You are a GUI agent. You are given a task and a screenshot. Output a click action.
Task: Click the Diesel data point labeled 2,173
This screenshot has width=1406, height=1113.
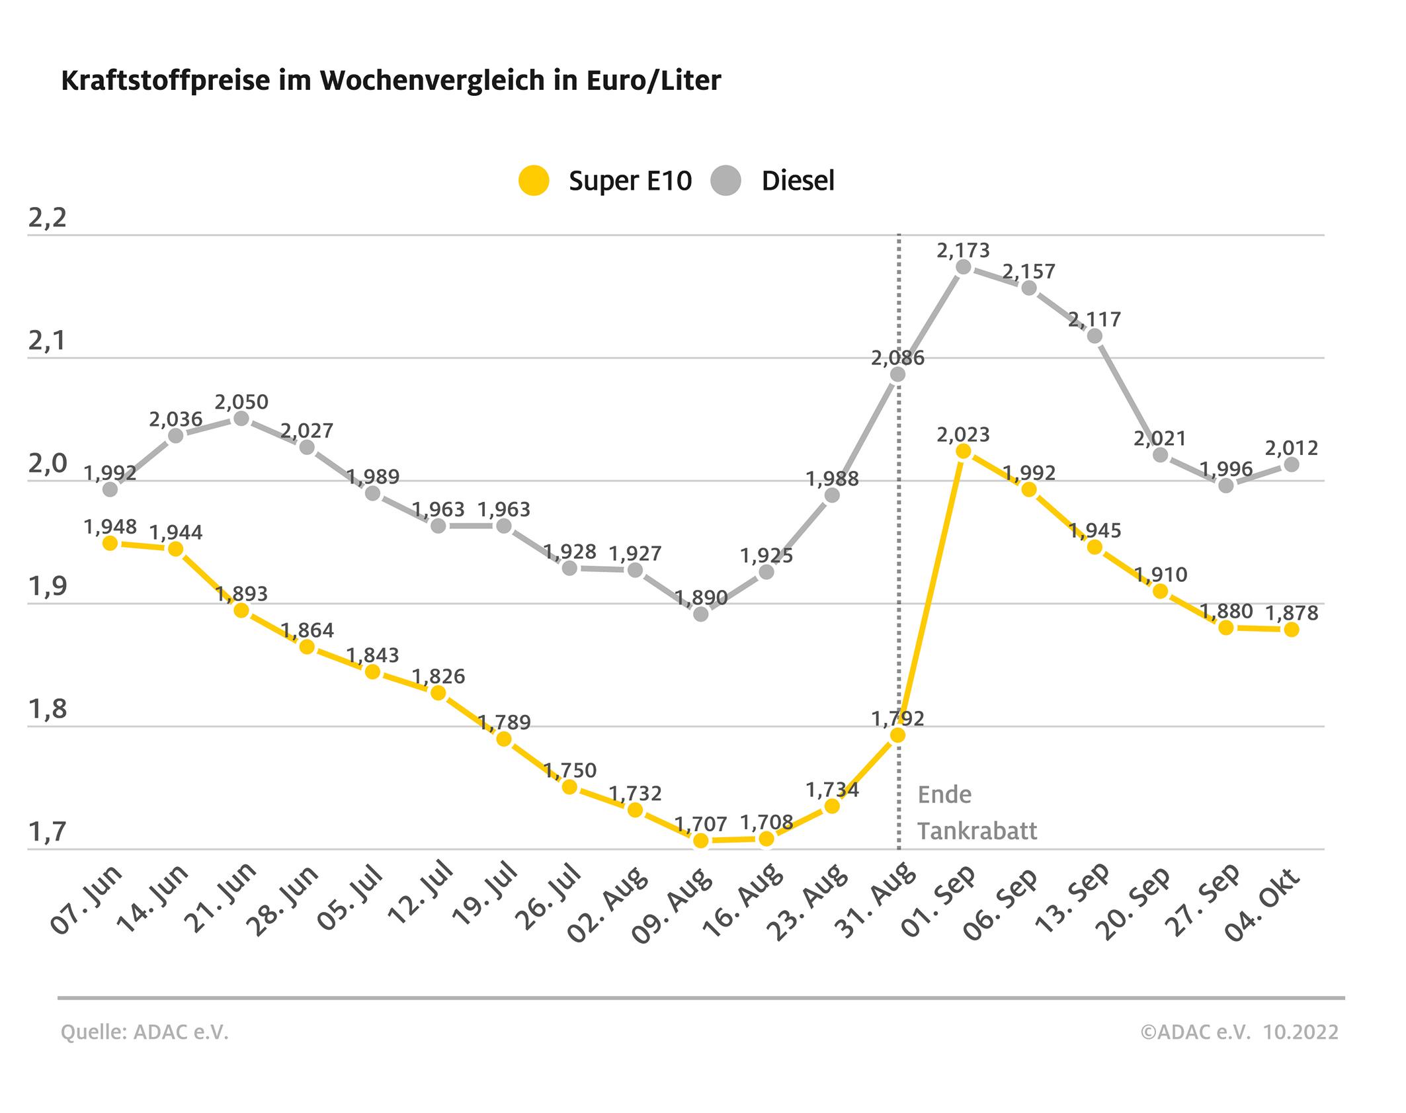point(964,267)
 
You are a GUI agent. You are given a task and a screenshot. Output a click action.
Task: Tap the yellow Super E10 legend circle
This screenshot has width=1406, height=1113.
point(534,181)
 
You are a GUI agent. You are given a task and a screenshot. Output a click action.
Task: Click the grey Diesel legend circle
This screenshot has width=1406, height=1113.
point(726,181)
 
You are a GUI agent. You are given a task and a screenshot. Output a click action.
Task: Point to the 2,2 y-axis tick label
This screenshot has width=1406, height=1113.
point(48,218)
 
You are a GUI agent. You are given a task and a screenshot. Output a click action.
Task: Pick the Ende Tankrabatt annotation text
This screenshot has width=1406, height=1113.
point(976,813)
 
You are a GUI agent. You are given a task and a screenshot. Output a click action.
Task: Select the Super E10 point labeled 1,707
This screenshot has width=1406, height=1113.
point(701,841)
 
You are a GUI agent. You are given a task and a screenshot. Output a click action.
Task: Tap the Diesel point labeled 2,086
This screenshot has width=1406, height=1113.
point(897,374)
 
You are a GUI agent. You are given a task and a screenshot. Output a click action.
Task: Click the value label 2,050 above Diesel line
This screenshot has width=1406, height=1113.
point(241,402)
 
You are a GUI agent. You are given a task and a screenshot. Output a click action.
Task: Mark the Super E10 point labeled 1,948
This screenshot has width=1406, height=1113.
point(110,543)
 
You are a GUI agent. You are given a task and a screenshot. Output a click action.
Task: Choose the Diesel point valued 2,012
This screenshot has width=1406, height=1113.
point(1291,465)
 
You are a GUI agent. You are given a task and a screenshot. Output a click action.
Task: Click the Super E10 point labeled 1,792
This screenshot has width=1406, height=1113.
point(897,735)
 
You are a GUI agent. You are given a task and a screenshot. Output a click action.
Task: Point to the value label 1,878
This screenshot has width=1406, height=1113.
point(1291,613)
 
